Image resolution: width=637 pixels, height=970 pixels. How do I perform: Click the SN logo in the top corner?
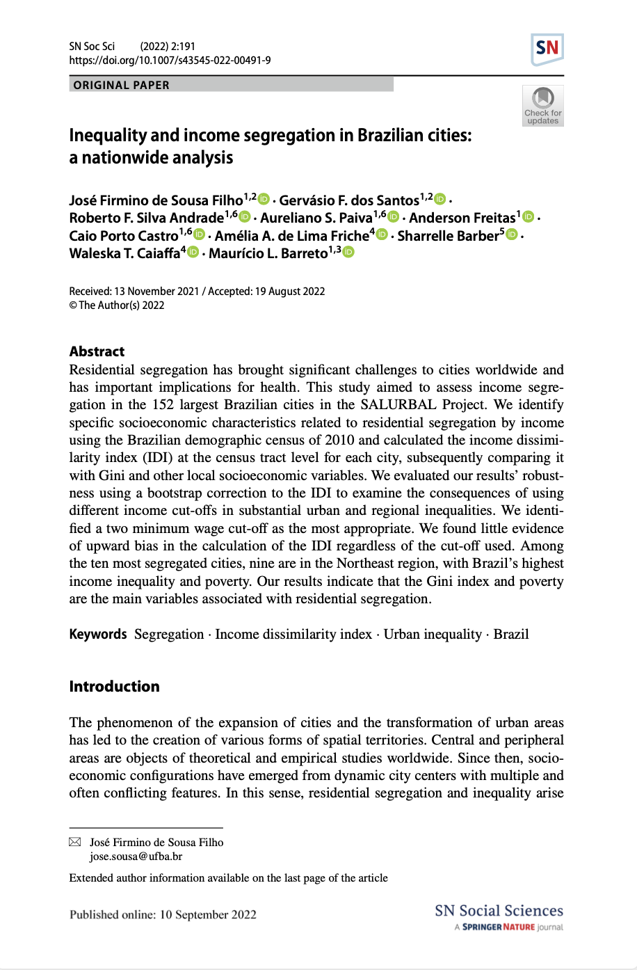point(547,49)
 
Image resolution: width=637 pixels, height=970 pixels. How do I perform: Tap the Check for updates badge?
point(543,106)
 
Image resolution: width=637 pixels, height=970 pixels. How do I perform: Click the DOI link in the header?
point(170,61)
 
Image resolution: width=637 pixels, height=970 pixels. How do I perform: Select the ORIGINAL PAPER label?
point(122,85)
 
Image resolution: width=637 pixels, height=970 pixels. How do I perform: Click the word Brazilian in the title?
point(389,135)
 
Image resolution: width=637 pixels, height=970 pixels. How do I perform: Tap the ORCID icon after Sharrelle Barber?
point(513,235)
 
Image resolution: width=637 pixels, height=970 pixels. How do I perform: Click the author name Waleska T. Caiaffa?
point(124,253)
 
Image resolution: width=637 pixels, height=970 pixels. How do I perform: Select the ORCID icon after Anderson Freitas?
point(529,217)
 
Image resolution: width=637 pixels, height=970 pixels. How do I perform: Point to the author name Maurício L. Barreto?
point(268,253)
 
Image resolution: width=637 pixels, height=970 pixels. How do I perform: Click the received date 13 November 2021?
point(156,292)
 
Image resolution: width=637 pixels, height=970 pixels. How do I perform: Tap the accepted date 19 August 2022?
point(290,292)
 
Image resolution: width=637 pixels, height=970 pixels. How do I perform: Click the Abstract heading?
point(97,351)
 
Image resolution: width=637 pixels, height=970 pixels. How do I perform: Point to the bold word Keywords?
point(98,635)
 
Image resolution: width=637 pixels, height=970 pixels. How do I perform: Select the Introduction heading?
point(114,687)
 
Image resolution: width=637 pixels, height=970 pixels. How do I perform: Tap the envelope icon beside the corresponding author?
point(75,843)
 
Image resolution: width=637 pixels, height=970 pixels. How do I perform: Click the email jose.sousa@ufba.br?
point(136,857)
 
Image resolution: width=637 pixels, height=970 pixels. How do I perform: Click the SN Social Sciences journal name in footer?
point(499,911)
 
